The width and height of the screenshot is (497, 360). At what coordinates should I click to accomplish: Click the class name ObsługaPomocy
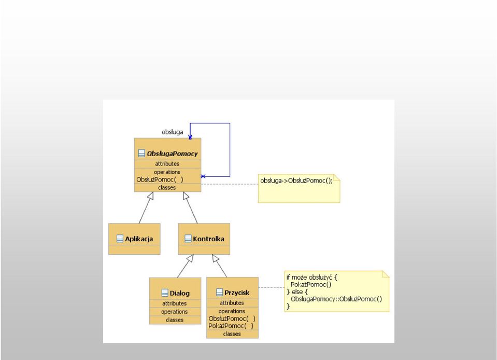172,154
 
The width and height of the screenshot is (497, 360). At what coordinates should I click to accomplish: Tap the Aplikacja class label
139,239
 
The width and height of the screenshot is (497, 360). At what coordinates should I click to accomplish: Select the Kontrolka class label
208,239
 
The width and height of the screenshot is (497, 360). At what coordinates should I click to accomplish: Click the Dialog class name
180,293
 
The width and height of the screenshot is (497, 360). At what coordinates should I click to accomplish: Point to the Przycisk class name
237,293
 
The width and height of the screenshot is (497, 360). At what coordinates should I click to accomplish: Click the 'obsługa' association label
173,132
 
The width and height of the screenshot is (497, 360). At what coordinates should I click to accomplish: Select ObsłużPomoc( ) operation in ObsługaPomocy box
160,179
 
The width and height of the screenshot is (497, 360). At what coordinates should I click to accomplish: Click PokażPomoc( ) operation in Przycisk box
231,326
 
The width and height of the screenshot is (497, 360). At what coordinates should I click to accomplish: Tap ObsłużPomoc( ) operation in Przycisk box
232,319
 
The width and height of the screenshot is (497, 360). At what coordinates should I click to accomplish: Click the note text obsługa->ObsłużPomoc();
296,181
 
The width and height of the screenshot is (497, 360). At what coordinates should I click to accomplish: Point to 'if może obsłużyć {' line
312,277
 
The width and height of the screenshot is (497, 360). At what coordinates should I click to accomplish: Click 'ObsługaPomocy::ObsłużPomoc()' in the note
336,299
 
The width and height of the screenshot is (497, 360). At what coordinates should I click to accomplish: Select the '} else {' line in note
297,292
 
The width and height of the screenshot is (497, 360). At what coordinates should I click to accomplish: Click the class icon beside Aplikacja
120,239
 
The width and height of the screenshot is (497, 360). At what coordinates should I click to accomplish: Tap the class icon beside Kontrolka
188,239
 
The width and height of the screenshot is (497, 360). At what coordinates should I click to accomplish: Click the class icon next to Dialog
165,293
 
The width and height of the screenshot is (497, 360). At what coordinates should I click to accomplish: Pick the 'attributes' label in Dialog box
174,303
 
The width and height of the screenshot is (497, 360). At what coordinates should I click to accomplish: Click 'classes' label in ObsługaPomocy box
167,188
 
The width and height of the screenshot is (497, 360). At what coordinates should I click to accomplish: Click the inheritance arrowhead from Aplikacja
151,196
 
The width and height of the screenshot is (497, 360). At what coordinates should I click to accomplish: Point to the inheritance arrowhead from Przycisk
215,258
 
